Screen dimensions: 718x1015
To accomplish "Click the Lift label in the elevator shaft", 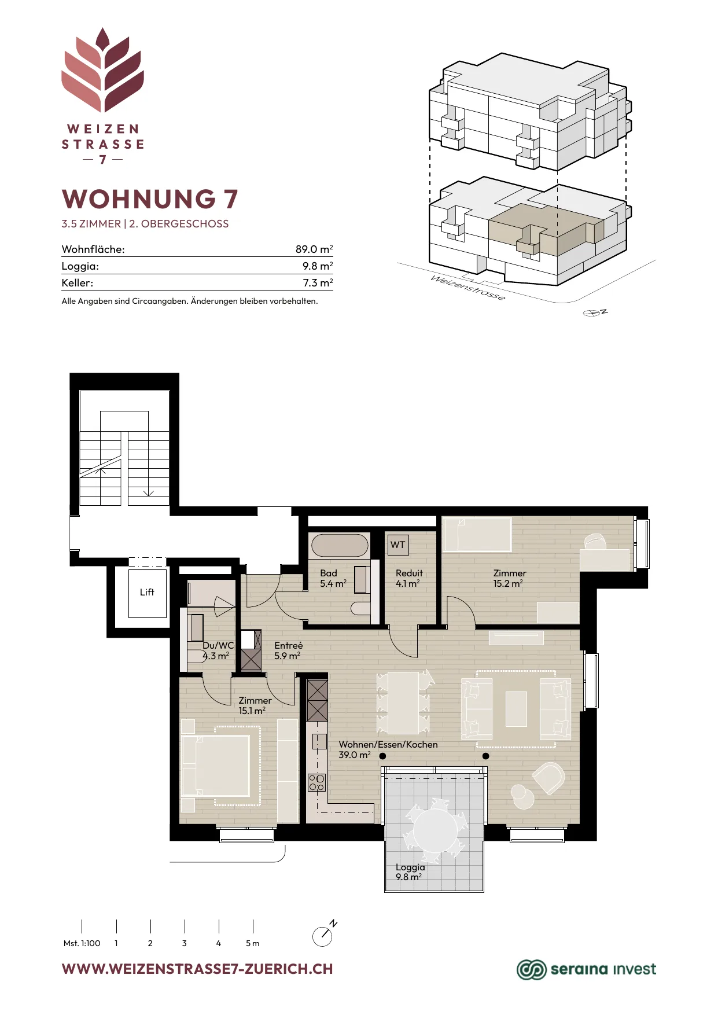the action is (x=147, y=592).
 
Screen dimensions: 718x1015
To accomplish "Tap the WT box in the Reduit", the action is (x=397, y=545).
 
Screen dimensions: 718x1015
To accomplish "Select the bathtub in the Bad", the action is (x=340, y=546).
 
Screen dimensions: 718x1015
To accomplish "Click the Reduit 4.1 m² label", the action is (x=409, y=578).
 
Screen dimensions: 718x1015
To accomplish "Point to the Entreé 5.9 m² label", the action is (x=288, y=650).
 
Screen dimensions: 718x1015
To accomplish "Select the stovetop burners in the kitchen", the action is (x=316, y=782).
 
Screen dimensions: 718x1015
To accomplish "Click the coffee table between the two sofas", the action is (x=516, y=709).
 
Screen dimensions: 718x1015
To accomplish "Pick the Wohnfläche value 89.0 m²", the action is (x=314, y=249).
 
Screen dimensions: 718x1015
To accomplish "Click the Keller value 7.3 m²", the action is (x=318, y=283).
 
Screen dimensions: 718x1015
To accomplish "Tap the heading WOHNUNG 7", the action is (x=150, y=199).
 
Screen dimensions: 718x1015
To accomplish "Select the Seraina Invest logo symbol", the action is (x=531, y=969).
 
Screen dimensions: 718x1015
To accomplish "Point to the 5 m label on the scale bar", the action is (x=252, y=943).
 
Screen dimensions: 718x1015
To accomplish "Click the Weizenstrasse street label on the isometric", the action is (x=467, y=288).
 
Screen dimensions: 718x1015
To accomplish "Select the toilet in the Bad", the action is (x=360, y=608).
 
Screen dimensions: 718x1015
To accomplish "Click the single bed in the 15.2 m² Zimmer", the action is (x=477, y=535).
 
